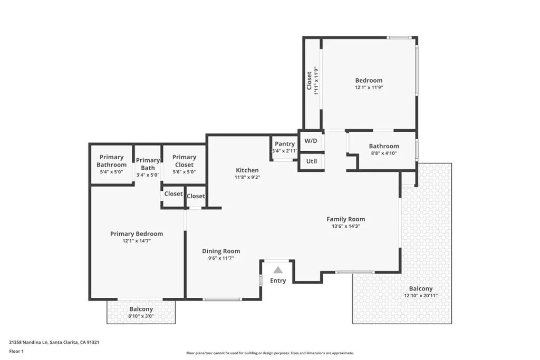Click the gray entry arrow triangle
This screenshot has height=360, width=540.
click(278, 270)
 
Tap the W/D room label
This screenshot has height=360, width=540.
click(311, 141)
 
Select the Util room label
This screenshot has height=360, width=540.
click(311, 161)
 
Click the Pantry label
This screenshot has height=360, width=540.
click(285, 144)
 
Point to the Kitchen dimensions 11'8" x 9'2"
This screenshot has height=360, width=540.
click(247, 178)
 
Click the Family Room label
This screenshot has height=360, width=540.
click(346, 219)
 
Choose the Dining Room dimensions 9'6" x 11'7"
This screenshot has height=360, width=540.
click(221, 258)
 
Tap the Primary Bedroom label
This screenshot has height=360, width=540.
click(137, 233)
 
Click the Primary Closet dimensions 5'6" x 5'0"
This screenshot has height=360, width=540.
click(184, 172)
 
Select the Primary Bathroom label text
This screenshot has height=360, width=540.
click(112, 161)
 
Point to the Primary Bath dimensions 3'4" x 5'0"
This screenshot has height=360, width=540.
click(148, 175)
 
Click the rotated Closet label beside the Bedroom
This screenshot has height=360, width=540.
click(309, 81)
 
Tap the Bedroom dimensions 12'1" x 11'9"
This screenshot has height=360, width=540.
click(369, 87)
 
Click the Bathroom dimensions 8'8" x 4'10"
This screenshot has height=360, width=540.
click(384, 153)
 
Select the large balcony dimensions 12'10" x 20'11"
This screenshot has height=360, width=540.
click(421, 296)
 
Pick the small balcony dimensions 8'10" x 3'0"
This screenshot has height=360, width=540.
click(141, 316)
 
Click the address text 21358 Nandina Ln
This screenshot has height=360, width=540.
click(28, 343)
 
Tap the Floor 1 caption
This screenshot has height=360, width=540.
click(16, 352)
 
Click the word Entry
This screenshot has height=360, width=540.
click(278, 281)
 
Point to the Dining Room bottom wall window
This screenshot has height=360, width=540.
click(222, 299)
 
